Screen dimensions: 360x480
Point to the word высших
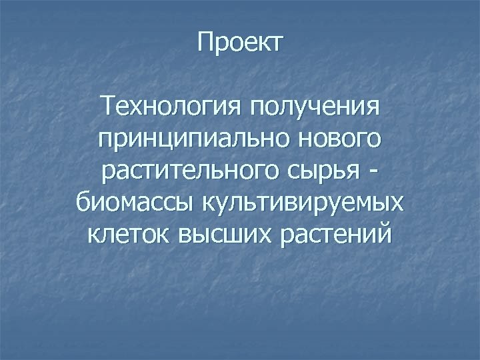tap(227, 235)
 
